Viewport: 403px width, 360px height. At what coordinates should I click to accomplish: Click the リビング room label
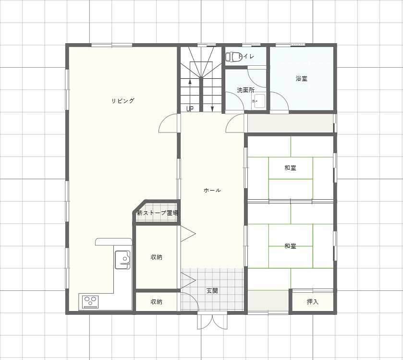[x=123, y=101]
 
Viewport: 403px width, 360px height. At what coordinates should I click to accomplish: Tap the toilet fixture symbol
[x=234, y=57]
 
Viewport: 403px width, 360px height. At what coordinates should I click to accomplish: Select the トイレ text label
[x=246, y=56]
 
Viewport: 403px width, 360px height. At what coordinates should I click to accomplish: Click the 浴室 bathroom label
[x=302, y=79]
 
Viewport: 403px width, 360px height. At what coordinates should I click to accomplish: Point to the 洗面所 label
[x=246, y=90]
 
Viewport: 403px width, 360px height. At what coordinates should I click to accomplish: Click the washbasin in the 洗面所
[x=259, y=101]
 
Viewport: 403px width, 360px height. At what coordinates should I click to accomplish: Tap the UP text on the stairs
[x=190, y=109]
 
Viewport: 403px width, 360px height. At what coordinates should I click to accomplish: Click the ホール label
[x=212, y=190]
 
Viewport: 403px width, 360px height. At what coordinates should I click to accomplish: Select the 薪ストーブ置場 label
[x=157, y=213]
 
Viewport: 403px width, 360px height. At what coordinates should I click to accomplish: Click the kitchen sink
[x=122, y=260]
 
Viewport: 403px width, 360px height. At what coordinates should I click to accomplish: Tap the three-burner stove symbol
[x=90, y=302]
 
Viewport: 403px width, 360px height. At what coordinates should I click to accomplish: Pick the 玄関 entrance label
[x=212, y=291]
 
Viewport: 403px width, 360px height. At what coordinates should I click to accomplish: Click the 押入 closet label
[x=313, y=302]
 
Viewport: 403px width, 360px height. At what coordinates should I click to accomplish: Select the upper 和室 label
[x=291, y=168]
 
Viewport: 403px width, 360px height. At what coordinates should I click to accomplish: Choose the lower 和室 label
[x=291, y=246]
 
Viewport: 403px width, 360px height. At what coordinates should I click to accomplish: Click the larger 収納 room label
[x=156, y=257]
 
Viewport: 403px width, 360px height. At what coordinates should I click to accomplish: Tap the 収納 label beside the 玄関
[x=156, y=302]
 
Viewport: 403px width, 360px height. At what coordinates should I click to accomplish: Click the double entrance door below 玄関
[x=213, y=322]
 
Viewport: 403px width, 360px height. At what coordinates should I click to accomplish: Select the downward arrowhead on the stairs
[x=212, y=109]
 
